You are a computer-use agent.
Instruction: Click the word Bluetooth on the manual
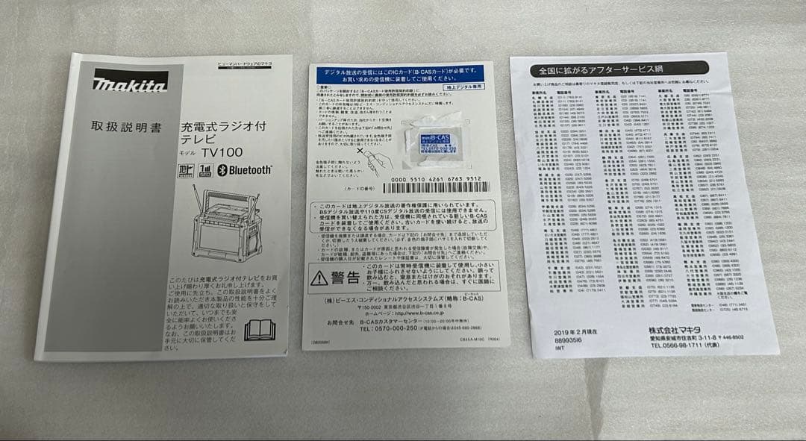244,170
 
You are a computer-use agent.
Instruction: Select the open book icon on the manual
260,329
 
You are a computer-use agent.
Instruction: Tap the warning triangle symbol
319,278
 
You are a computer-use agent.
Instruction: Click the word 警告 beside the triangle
346,278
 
